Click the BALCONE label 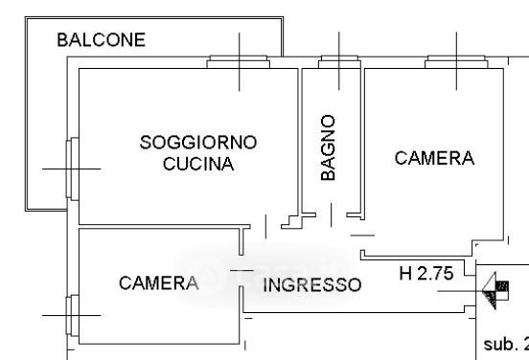[102, 40]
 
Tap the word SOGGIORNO [198, 143]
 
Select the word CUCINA [198, 164]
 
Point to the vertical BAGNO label [329, 147]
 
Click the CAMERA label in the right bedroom [434, 158]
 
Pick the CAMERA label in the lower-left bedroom [158, 282]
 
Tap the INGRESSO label [312, 284]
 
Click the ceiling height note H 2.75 [426, 273]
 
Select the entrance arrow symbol [495, 290]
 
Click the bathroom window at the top [339, 62]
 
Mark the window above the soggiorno [239, 62]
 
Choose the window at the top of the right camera [456, 62]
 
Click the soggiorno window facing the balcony [72, 169]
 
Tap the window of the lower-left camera [72, 316]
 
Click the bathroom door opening [332, 214]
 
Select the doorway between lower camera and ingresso [241, 271]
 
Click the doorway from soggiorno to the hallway [265, 227]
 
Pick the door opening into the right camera [362, 236]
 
